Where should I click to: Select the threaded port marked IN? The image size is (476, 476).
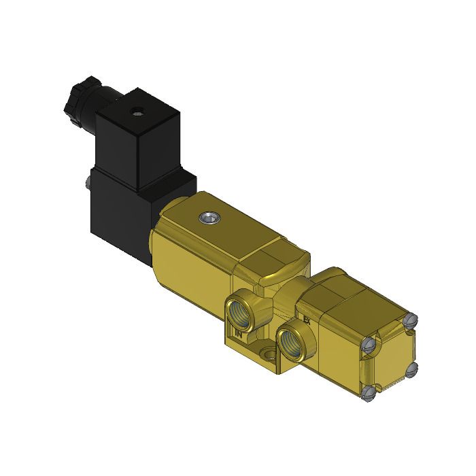click(x=242, y=309)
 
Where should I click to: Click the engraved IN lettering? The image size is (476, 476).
click(x=239, y=333)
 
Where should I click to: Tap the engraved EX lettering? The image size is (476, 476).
click(x=307, y=318)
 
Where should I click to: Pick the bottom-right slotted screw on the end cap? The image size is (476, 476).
click(x=411, y=369)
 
